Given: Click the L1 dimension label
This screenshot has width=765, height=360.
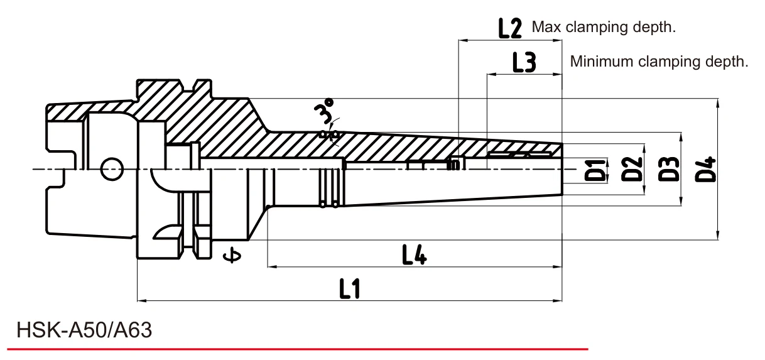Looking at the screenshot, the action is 349,288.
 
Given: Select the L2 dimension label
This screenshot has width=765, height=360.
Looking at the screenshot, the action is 510,28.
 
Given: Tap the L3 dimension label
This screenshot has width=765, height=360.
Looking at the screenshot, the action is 524,62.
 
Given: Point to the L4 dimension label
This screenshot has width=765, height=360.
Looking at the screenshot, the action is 415,255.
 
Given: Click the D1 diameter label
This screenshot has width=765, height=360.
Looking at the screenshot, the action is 595,170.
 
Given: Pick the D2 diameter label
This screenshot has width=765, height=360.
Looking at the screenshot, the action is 631,169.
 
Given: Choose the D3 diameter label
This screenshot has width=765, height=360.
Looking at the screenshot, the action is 668,169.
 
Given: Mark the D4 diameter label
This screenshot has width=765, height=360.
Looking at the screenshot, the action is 705,169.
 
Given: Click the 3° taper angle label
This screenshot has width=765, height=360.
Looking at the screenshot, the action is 323,111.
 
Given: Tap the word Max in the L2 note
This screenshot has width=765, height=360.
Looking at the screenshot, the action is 546,27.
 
